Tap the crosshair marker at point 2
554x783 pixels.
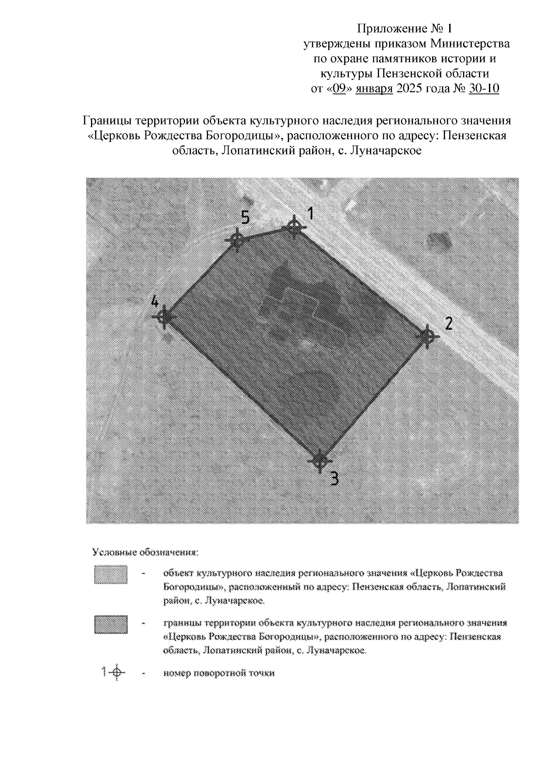coord(428,337)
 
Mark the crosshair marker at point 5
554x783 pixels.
coord(236,240)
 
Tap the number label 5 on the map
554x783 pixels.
coord(245,217)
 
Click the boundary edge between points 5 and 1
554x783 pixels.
coord(265,234)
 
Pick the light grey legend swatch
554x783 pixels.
coord(110,575)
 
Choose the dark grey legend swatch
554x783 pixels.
coord(110,625)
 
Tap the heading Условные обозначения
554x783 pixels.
coord(145,552)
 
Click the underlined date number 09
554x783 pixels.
coord(339,89)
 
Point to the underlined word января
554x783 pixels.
coord(374,89)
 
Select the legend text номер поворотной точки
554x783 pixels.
coord(219,673)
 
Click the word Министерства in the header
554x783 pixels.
coord(470,44)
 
